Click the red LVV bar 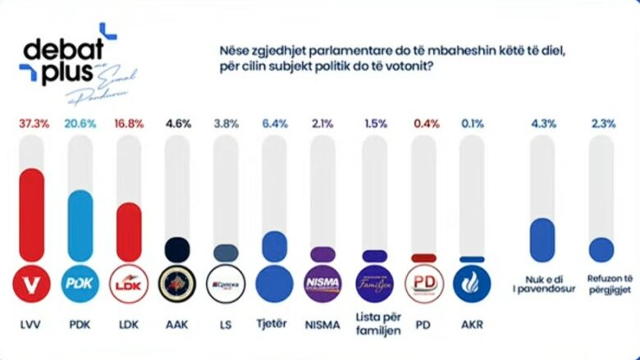(x=32, y=216)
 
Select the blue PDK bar (x=80, y=227)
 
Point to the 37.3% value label (x=34, y=123)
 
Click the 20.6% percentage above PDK (x=80, y=123)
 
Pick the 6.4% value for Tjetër (x=273, y=123)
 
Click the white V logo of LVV (x=32, y=284)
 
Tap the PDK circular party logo (x=80, y=284)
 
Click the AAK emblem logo (x=178, y=284)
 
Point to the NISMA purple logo (x=322, y=284)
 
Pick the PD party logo (x=424, y=284)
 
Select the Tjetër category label (x=274, y=324)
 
